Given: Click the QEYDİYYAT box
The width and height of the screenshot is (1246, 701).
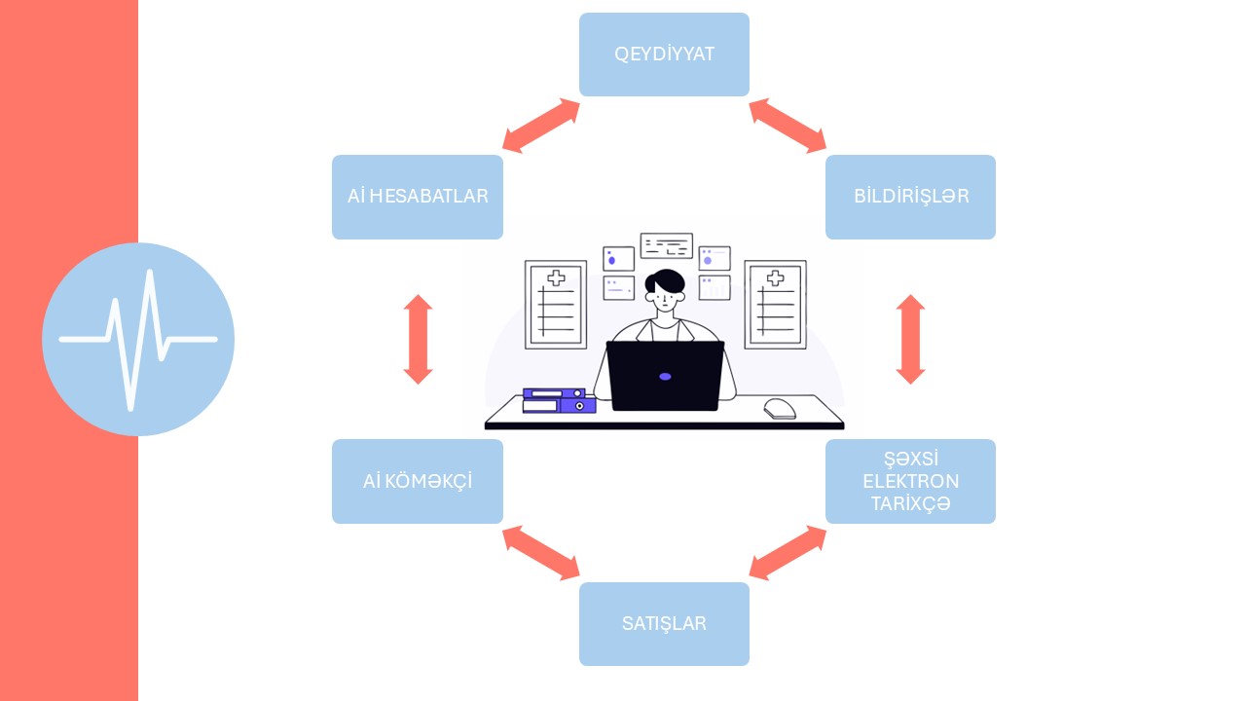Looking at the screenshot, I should (664, 55).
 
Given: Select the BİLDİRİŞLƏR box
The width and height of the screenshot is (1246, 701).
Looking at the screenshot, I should (910, 197).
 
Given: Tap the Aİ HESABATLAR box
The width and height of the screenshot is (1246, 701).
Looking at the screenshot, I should (417, 197).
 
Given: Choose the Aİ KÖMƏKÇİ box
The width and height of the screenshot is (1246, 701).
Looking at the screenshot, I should (417, 481).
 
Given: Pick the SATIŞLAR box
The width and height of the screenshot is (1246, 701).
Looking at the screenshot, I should (664, 624).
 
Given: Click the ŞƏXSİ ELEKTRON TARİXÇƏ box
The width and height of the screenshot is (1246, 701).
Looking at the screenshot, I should (910, 481).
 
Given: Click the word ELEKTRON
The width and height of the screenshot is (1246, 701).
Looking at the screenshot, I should (910, 481).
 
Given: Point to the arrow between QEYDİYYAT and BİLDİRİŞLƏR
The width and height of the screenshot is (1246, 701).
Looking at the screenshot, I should (788, 126).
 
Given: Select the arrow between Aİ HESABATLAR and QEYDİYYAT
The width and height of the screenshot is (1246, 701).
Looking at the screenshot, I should (540, 126).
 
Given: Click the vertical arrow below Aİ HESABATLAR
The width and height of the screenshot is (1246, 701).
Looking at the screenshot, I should (418, 339).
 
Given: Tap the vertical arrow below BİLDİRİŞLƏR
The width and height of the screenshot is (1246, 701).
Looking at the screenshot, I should (910, 339).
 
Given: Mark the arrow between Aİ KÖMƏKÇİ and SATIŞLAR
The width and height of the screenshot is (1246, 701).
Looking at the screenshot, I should (540, 552).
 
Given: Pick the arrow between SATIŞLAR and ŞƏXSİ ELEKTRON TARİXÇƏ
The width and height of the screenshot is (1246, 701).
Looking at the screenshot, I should (788, 552).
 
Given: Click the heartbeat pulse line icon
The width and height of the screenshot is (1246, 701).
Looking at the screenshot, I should (138, 339).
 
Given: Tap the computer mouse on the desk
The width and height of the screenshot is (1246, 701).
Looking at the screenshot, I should (779, 408).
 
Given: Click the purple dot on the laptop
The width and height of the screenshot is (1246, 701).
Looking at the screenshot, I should (665, 376).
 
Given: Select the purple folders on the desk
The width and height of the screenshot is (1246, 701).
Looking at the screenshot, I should (559, 400).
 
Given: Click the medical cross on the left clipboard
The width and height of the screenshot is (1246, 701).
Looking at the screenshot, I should (556, 278).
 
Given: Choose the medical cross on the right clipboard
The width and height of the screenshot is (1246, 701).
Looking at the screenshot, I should (775, 278).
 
